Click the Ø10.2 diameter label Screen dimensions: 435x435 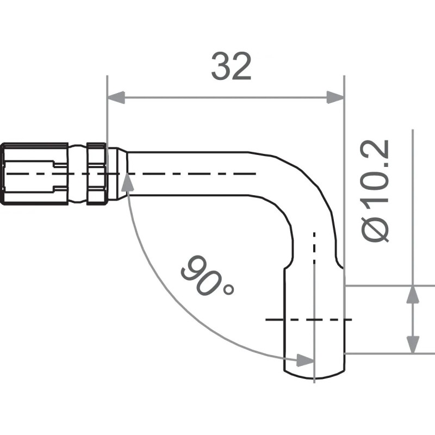click(x=376, y=190)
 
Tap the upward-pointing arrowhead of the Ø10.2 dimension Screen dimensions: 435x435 click(x=413, y=294)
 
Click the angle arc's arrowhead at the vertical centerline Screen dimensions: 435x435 click(x=305, y=359)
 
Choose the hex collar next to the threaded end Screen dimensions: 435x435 click(x=96, y=173)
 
